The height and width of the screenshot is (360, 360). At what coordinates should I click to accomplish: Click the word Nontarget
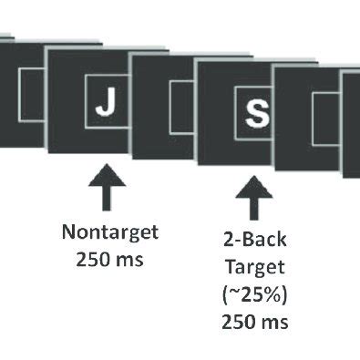[110, 231]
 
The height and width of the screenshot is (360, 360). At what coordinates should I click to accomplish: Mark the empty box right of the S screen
[325, 118]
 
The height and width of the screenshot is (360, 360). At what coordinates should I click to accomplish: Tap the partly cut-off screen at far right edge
[352, 123]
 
